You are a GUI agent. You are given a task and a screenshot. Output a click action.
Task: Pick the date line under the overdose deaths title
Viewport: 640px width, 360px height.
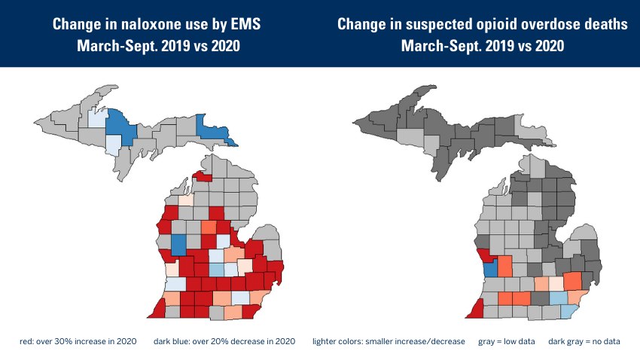(482, 46)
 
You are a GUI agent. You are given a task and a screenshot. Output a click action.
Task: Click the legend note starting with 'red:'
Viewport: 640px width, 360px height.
(78, 342)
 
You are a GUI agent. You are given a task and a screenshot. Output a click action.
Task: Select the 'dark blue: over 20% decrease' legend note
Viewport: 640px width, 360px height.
(224, 342)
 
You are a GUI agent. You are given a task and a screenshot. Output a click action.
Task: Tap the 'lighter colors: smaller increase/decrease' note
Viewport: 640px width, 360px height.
(389, 342)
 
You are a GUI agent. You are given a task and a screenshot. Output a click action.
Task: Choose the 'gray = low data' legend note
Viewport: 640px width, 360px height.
(506, 342)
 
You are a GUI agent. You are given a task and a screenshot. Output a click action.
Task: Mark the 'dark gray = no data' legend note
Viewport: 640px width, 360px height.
(584, 342)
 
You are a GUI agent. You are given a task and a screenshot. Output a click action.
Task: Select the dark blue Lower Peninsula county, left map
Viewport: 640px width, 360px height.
(178, 244)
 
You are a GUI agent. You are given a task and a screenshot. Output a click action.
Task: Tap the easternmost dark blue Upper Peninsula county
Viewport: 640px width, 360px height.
(215, 131)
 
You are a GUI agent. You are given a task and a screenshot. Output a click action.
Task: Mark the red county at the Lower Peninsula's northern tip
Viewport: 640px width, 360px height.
(202, 178)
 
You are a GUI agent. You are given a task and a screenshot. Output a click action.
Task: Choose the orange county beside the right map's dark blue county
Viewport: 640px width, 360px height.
(506, 267)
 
